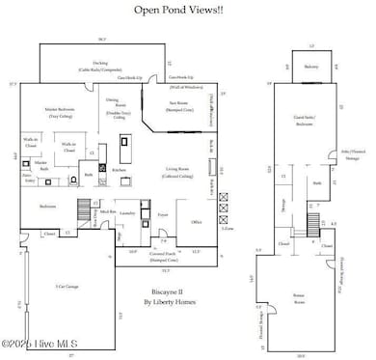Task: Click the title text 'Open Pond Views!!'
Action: tap(187, 12)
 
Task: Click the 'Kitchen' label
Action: tap(119, 170)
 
